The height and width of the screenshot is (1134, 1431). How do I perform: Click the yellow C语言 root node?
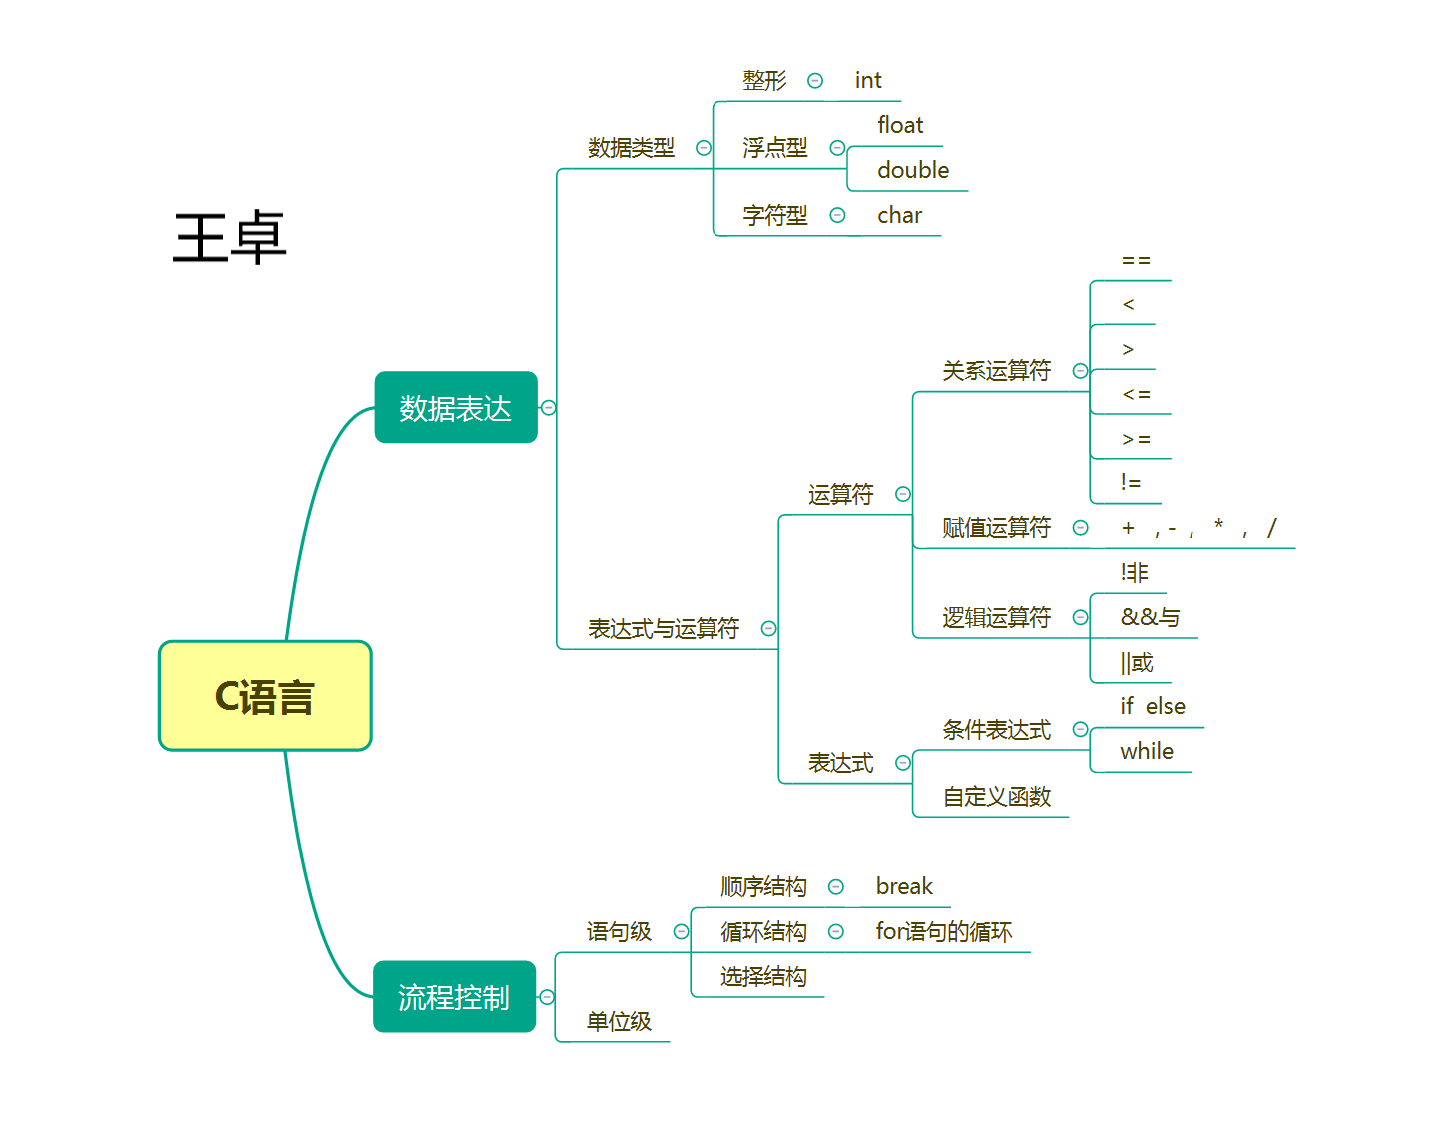264,696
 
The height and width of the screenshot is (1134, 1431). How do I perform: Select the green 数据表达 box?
456,407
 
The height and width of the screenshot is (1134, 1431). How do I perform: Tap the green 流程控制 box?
454,996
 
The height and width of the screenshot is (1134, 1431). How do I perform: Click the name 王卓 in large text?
230,238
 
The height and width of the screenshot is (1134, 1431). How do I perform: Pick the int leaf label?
867,80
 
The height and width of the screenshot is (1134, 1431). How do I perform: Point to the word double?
912,170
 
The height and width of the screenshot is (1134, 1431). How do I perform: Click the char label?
899,215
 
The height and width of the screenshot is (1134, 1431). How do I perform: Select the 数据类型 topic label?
631,148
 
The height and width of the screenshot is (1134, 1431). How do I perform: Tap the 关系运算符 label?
996,371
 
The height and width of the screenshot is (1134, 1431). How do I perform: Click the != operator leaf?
1130,483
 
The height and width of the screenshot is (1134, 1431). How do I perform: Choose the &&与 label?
1150,617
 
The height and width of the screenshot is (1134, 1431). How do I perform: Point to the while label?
1146,751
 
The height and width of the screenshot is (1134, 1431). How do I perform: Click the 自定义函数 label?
996,797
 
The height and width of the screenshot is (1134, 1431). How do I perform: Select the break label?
904,886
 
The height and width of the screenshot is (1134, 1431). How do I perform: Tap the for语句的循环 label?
943,931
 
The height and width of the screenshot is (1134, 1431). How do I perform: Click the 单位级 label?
619,1021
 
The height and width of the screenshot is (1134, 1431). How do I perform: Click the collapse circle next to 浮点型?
837,148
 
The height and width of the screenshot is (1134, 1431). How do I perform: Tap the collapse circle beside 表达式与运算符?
768,628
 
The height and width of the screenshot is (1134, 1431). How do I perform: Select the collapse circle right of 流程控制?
547,997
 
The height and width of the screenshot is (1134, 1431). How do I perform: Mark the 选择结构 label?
763,976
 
